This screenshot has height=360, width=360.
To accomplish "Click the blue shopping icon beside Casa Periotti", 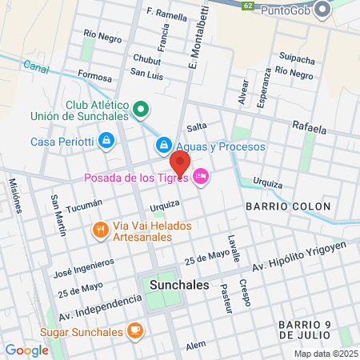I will (106, 142).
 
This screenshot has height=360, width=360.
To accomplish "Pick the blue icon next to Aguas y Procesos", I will (163, 144).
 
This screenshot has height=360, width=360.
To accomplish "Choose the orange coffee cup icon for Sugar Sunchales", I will (135, 331).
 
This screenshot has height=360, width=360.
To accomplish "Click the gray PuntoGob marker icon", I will (322, 10).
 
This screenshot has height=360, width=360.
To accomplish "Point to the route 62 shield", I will (249, 5).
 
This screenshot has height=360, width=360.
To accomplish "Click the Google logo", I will (26, 350).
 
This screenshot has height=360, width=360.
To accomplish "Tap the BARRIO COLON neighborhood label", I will (288, 206).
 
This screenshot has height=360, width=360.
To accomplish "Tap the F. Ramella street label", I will (166, 13).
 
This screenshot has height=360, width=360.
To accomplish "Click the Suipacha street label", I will (296, 58).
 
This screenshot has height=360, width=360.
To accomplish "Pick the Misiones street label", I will (14, 195).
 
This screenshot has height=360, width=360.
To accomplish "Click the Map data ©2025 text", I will (325, 354).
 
